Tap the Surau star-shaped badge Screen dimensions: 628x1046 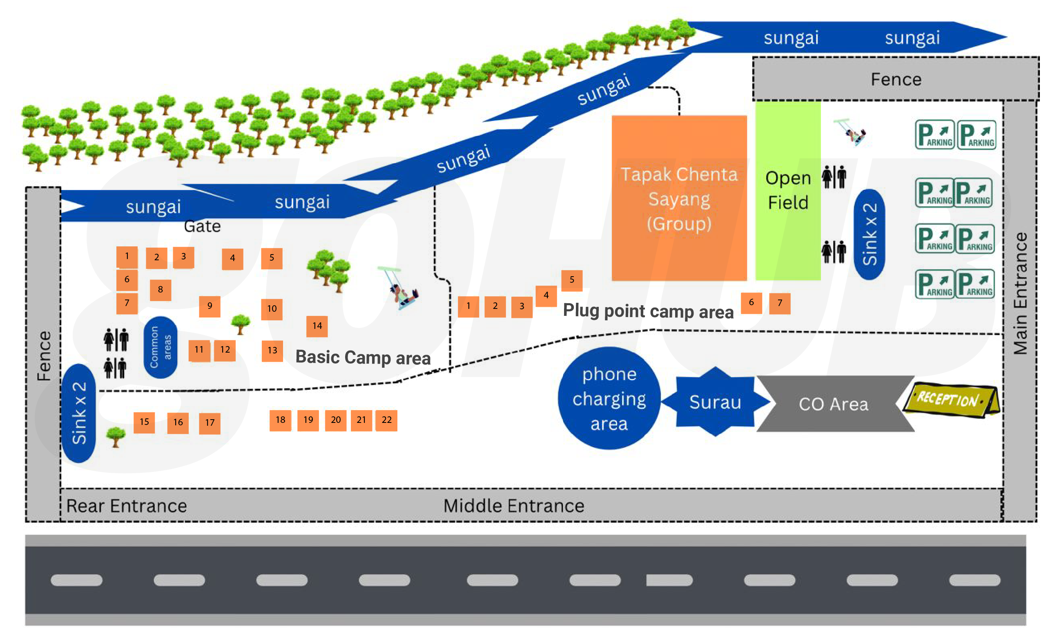pos(715,402)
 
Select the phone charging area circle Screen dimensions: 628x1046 pos(609,398)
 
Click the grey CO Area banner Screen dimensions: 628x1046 pos(833,404)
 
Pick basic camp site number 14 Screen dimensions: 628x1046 pos(317,326)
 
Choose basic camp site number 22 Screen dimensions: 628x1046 pos(386,420)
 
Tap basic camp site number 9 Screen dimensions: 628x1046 pos(210,306)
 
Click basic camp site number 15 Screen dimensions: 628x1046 pos(144,422)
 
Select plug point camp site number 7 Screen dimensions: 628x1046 pos(780,303)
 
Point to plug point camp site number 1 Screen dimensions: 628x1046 pos(468,306)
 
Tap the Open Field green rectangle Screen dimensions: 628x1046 pos(787,190)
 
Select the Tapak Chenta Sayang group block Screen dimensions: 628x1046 pos(679,198)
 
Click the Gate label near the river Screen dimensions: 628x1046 pos(202,226)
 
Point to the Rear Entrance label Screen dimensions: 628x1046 pos(127,506)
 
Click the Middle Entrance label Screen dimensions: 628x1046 pos(513,506)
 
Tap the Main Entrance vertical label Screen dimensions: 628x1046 pos(1020,293)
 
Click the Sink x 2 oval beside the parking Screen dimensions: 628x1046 pos(869,234)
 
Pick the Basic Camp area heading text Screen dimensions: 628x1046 pos(362,358)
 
